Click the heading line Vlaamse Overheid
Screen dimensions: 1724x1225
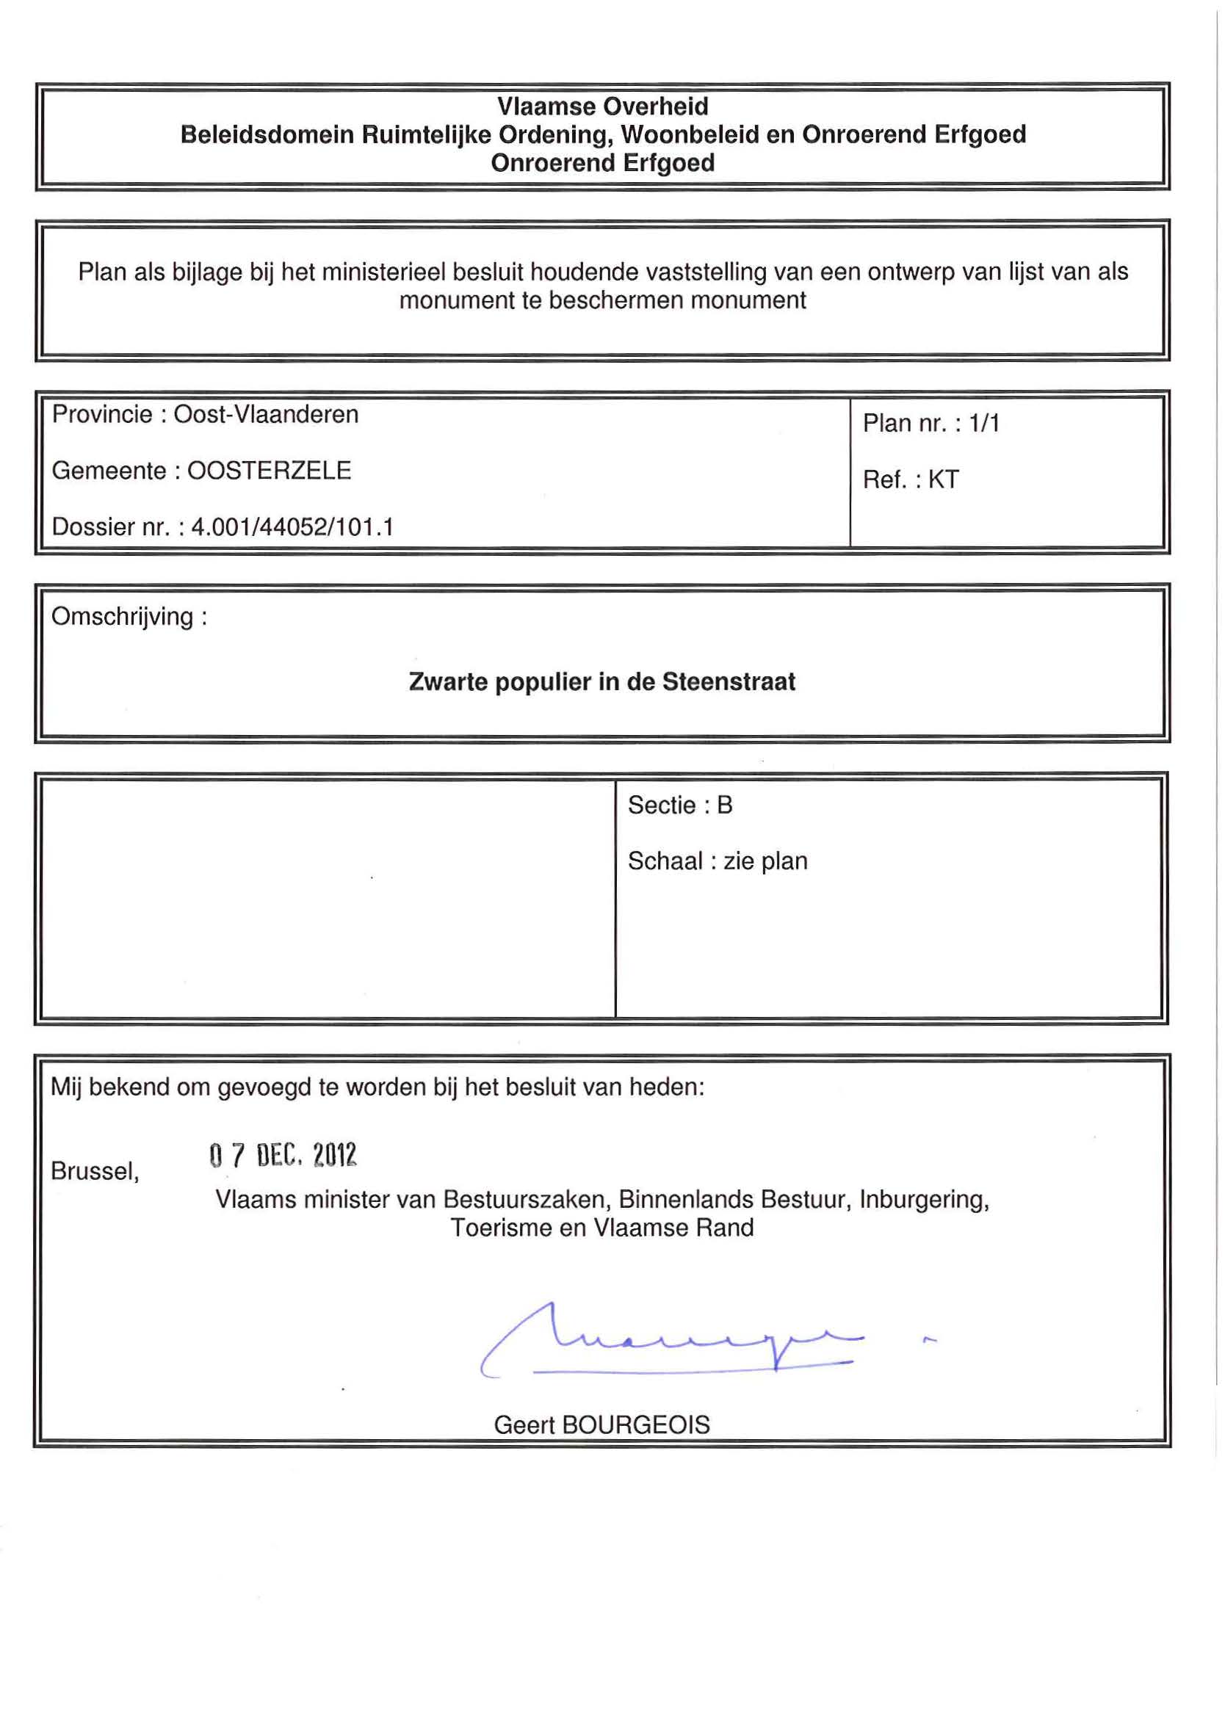[602, 106]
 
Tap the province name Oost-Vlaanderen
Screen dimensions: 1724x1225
[266, 415]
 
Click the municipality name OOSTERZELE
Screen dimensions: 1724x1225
[269, 471]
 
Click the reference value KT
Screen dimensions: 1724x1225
[943, 479]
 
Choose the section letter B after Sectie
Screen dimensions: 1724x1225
[724, 805]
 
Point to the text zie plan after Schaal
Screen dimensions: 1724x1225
[765, 861]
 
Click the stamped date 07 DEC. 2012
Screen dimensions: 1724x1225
[282, 1156]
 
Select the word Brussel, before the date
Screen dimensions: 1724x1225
[94, 1171]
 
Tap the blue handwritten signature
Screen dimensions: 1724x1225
[671, 1343]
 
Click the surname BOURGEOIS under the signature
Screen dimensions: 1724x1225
[635, 1424]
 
